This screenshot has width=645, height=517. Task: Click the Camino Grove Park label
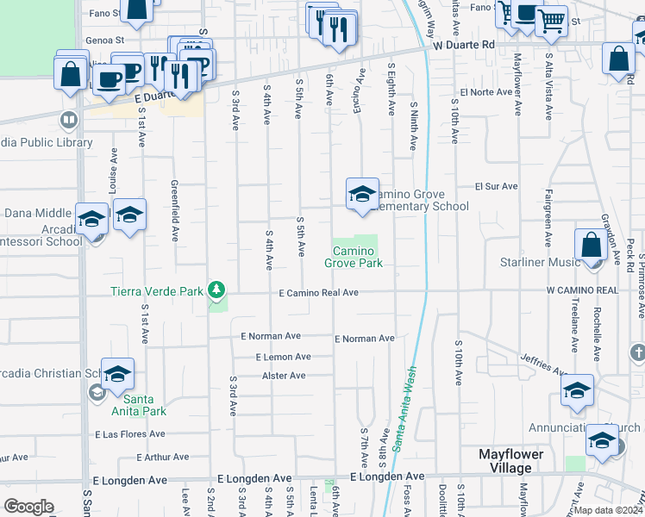[x=354, y=257]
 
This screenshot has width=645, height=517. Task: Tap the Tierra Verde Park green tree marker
[x=218, y=290]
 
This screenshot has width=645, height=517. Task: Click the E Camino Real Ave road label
[x=318, y=293]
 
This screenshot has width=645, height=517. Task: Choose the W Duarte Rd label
[x=464, y=44]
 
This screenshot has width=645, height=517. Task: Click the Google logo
[x=28, y=507]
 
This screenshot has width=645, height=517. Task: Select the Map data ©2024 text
[x=607, y=510]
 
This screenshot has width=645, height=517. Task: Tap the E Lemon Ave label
[x=283, y=357]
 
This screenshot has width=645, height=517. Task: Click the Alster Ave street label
[x=284, y=376]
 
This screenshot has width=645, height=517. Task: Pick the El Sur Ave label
[x=496, y=186]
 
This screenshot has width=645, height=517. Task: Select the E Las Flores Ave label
[x=130, y=434]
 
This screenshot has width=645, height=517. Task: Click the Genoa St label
[x=106, y=40]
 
